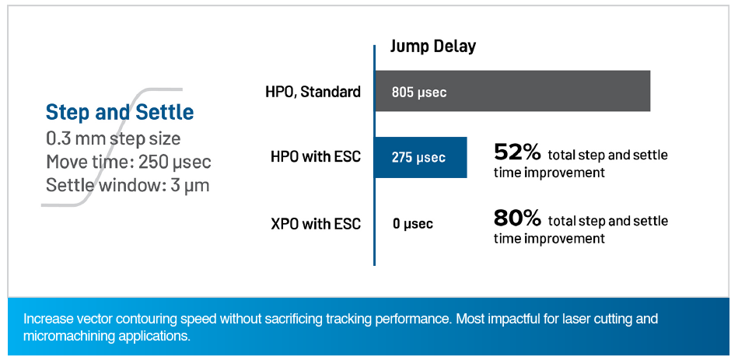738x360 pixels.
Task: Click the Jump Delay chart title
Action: [x=433, y=47]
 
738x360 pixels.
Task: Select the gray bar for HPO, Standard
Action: [x=512, y=91]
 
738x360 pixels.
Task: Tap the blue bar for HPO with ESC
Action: [x=421, y=157]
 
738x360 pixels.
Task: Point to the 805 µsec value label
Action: [x=419, y=93]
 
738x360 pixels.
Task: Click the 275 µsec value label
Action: [x=418, y=158]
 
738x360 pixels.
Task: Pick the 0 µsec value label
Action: [x=413, y=224]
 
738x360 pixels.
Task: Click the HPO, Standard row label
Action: [x=313, y=92]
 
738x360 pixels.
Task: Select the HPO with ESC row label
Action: [x=316, y=157]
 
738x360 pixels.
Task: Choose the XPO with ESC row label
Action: [x=316, y=224]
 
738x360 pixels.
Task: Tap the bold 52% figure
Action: [x=517, y=152]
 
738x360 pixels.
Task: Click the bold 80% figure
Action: [x=517, y=218]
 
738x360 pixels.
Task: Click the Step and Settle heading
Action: [x=120, y=113]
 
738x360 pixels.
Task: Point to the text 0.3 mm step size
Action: [x=113, y=139]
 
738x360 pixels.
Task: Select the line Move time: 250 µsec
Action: [x=128, y=163]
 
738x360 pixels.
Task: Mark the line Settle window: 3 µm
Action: [x=128, y=185]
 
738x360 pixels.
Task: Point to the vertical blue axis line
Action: [x=375, y=156]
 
